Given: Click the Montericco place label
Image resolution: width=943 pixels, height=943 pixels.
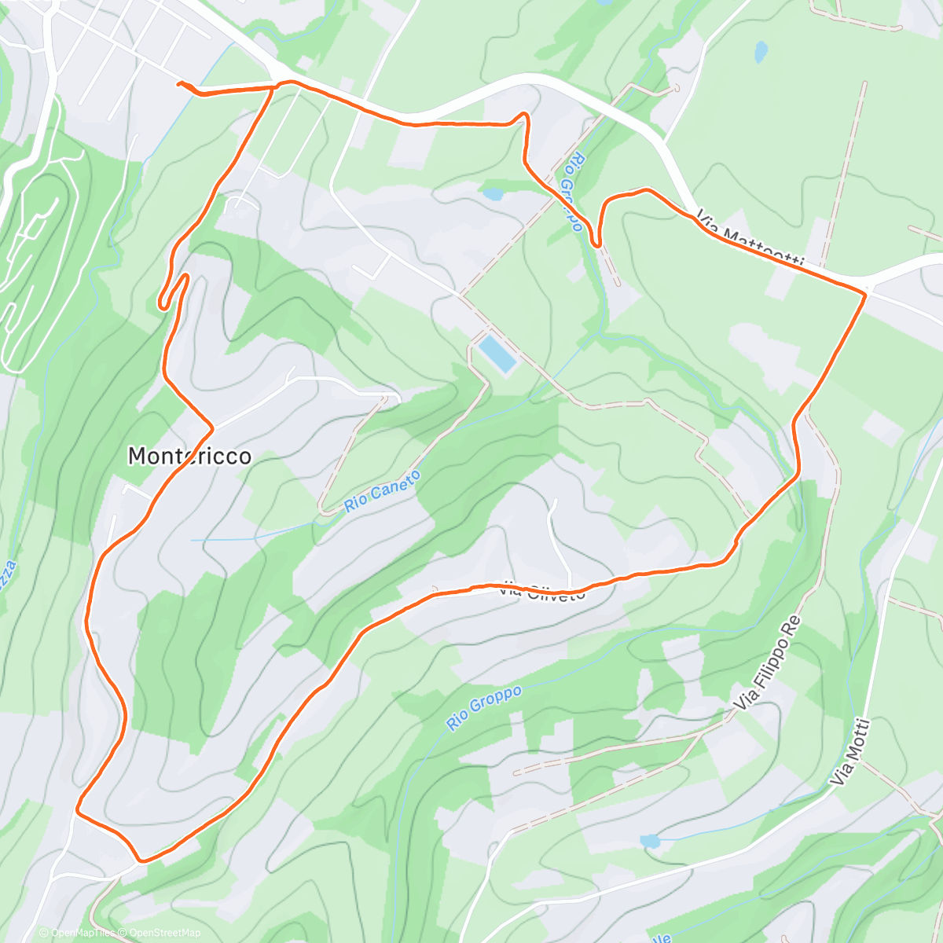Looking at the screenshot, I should (189, 456).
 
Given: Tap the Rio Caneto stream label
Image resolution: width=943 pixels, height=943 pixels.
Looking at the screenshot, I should (382, 492).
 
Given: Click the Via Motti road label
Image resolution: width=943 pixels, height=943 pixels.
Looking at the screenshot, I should (851, 752).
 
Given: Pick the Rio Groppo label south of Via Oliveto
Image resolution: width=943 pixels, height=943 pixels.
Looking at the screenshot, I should (484, 707).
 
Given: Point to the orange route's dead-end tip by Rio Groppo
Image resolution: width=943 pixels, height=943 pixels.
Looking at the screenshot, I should (598, 246).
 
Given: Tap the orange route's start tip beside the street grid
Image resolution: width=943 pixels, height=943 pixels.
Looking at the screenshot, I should (180, 83).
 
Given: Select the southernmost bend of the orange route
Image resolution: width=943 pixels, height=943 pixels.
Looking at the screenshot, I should (141, 860).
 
